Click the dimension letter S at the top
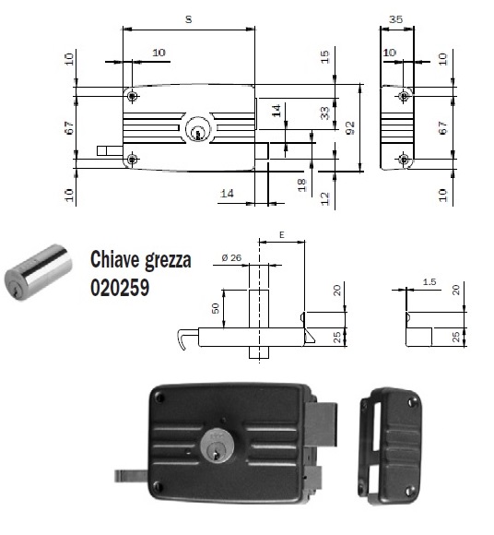point(188,19)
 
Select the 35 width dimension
point(396,19)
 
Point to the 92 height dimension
point(350,126)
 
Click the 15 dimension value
point(324,57)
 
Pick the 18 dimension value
point(300,184)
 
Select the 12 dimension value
point(324,196)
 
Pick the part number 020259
point(121,287)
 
